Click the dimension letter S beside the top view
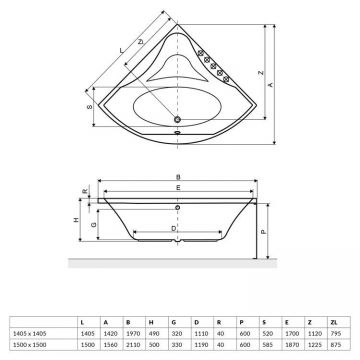pyautogui.click(x=91, y=109)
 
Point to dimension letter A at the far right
pyautogui.click(x=275, y=85)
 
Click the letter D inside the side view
pyautogui.click(x=176, y=227)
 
